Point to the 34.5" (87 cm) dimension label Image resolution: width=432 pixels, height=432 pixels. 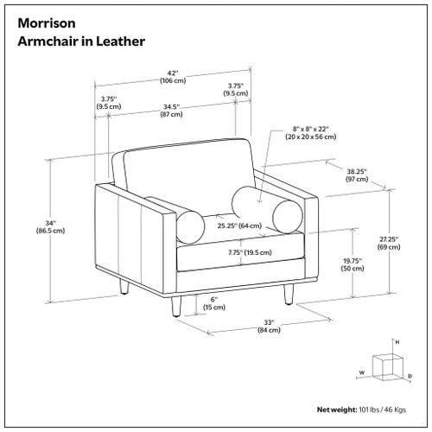pos(170,110)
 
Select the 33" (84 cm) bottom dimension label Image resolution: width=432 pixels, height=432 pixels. pos(270,327)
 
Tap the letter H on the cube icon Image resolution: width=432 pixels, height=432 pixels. pos(397,343)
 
